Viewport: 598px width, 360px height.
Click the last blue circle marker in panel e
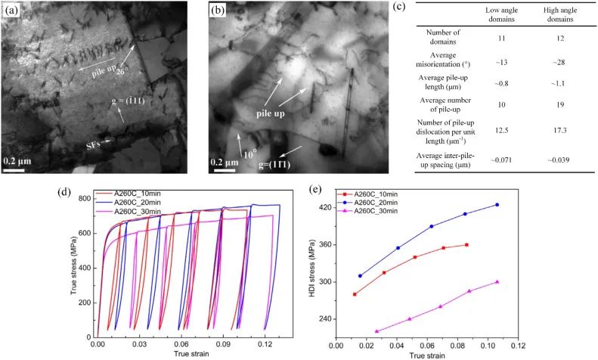tap(497, 205)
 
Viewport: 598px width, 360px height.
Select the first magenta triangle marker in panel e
tap(376, 331)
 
